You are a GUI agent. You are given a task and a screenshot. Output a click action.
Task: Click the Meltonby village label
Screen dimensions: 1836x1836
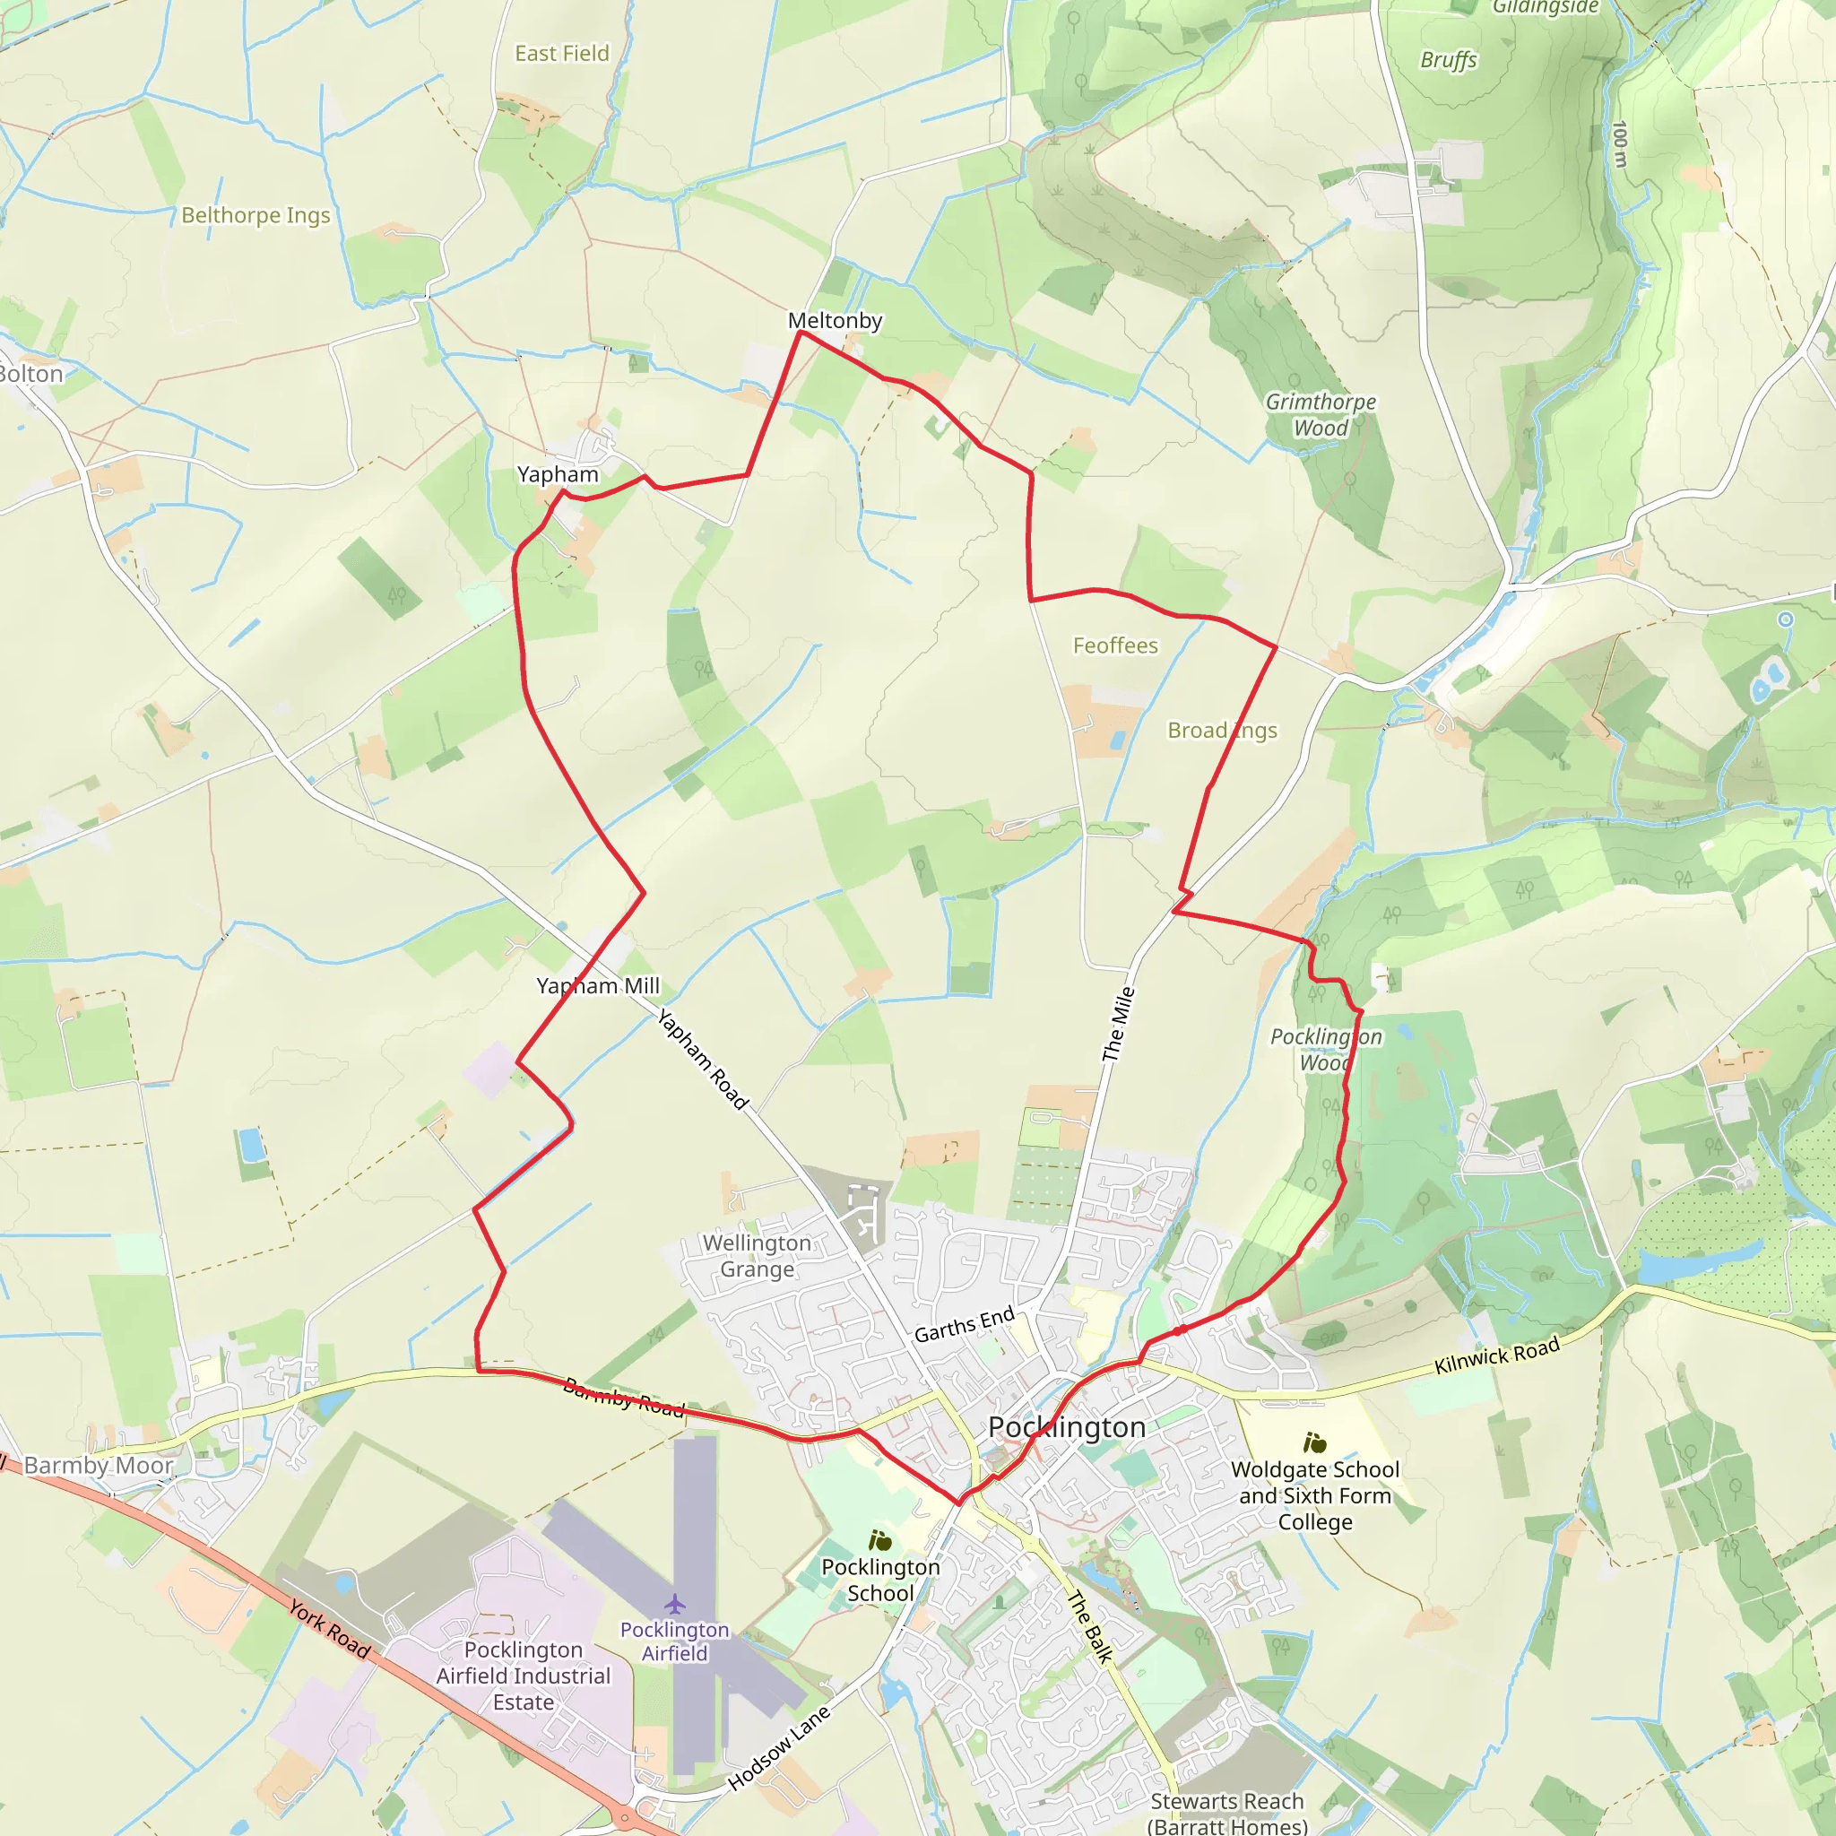(835, 321)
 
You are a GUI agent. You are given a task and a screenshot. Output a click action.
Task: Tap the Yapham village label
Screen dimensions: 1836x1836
(558, 474)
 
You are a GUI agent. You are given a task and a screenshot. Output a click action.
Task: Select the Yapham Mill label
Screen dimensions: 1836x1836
(598, 986)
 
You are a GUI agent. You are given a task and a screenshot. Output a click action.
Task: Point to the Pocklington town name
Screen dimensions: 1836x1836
(1066, 1427)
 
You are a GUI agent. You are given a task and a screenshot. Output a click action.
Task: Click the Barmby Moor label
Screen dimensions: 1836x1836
(99, 1466)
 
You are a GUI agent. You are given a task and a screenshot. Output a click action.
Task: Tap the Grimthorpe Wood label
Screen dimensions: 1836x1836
(1320, 415)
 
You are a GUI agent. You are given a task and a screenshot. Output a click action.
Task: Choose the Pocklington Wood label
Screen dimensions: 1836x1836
(1326, 1049)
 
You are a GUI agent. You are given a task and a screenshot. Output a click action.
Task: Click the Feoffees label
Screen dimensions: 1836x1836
(1114, 646)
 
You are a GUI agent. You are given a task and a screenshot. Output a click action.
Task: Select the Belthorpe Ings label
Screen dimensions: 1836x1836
(255, 216)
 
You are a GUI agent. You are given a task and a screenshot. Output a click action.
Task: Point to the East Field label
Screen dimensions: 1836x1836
(561, 54)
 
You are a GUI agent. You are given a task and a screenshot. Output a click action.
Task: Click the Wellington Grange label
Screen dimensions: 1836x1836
(757, 1256)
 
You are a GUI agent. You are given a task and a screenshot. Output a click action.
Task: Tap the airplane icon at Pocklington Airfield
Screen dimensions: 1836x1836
(675, 1605)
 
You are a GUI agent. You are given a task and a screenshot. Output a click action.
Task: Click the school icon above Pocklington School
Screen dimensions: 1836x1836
(880, 1540)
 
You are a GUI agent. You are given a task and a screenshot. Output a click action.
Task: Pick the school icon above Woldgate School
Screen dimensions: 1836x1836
(1315, 1443)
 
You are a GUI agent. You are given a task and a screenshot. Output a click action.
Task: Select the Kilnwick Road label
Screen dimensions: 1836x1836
(1497, 1355)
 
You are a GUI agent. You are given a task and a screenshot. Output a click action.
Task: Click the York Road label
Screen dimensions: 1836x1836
(330, 1630)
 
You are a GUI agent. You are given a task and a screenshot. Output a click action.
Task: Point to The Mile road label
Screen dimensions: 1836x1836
(1119, 1025)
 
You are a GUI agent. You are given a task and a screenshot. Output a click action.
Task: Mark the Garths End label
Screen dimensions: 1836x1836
(965, 1325)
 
